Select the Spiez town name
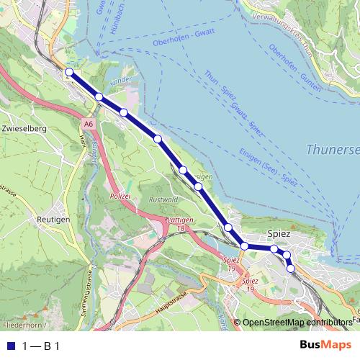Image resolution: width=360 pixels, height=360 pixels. click(x=279, y=234)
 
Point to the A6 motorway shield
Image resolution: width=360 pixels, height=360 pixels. click(x=88, y=124)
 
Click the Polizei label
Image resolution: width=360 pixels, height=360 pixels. click(x=119, y=195)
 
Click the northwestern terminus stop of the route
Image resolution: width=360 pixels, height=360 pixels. click(x=69, y=72)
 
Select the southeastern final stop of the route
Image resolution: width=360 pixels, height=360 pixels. click(x=291, y=269)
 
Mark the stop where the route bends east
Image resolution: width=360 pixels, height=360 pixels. click(x=245, y=246)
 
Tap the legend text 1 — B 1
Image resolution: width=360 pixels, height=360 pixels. click(x=41, y=346)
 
